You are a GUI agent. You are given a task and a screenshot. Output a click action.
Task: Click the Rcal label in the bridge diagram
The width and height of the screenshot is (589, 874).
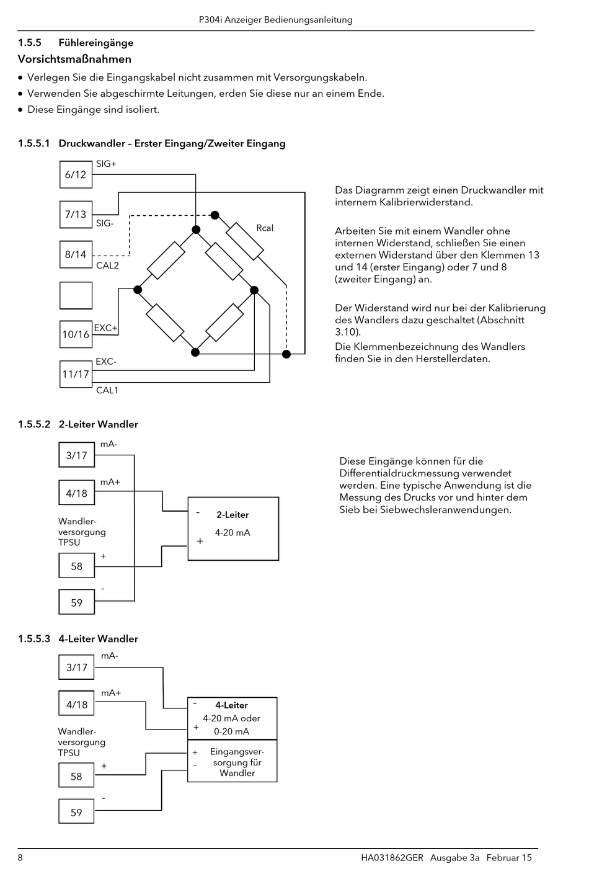point(265,228)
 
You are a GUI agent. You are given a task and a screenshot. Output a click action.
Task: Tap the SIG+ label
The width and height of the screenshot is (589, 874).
point(106,164)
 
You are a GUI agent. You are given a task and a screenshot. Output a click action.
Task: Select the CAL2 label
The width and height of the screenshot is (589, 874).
point(107,265)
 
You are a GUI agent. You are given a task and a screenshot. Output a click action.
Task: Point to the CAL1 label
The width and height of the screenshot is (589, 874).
point(107,390)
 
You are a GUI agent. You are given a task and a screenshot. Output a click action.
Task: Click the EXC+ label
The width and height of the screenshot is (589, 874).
point(105,328)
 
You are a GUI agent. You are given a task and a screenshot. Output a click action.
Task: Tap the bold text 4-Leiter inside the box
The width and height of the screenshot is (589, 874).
point(232,705)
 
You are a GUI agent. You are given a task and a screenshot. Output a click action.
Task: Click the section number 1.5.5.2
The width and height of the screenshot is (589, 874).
point(34,424)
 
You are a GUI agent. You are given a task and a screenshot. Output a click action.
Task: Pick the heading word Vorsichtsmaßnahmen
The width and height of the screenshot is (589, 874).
point(74,60)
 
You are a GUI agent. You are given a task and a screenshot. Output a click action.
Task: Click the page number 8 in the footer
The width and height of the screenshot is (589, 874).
point(20,858)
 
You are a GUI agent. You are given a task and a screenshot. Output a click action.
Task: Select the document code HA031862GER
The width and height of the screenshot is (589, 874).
point(392,858)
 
